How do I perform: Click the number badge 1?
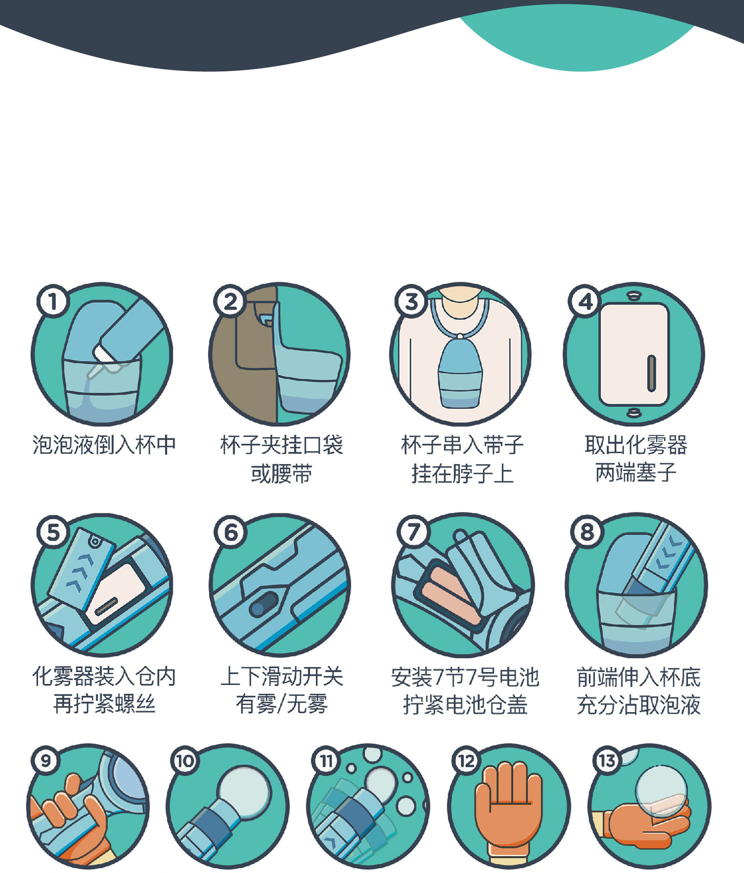point(53,301)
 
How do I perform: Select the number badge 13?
point(607,761)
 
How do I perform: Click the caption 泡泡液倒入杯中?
point(104,445)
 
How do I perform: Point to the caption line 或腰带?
point(281,474)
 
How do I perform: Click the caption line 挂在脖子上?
point(462,474)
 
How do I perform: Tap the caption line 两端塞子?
point(636,473)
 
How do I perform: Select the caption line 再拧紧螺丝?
point(104,704)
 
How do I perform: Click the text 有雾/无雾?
point(281,704)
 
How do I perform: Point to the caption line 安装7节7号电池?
point(465,677)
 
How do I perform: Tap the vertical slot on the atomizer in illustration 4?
point(651,373)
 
